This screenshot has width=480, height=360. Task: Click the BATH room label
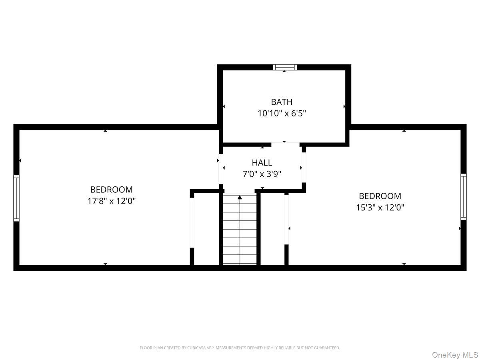[x=282, y=102]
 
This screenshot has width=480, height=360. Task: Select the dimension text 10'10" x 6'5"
[x=282, y=113]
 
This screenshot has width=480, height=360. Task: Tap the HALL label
[x=262, y=163]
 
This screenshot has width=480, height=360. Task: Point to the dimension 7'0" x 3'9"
[x=262, y=174]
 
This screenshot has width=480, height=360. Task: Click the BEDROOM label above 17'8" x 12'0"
[x=111, y=190]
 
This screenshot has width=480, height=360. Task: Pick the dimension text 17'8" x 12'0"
[x=111, y=201]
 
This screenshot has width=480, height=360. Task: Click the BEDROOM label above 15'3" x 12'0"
[x=380, y=196]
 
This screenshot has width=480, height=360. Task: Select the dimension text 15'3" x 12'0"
[x=380, y=208]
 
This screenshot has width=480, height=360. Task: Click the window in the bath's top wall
[x=285, y=67]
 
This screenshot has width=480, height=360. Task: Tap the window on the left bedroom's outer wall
[x=16, y=198]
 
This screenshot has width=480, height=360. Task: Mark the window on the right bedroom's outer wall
[x=463, y=197]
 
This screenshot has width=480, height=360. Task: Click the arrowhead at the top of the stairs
[x=240, y=197]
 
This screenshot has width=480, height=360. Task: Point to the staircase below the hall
[x=240, y=230]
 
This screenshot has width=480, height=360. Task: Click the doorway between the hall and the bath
[x=285, y=144]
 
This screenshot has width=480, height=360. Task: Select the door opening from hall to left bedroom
[x=221, y=169]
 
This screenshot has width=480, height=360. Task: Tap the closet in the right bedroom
[x=272, y=229]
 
